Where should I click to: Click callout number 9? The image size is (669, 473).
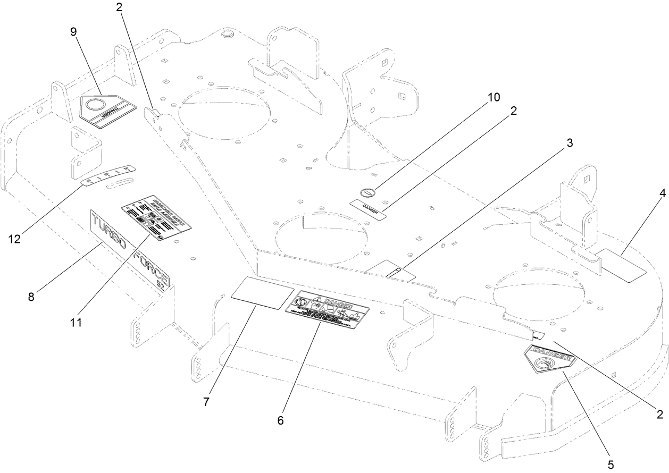pos(73,31)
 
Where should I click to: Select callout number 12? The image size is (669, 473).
pos(14,239)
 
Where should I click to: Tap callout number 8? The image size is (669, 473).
pos(31,296)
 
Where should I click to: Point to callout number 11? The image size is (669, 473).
pos(76,322)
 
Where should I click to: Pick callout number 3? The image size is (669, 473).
pos(570,143)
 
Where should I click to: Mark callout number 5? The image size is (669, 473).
pos(610,464)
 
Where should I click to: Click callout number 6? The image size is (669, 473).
pos(280,420)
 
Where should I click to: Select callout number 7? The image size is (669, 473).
pos(206,402)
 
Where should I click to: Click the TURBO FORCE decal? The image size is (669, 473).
pos(130,249)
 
